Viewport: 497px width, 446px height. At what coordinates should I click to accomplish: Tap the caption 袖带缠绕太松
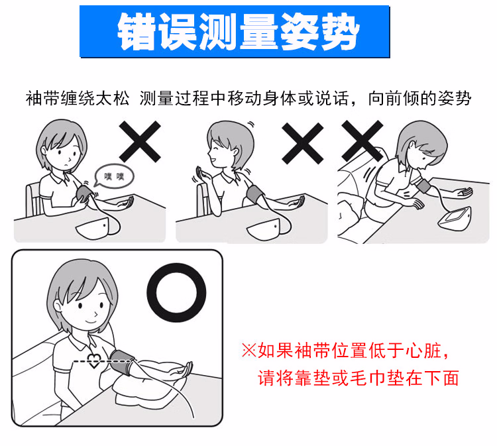79,99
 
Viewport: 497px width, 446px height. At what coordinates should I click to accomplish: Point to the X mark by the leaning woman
362,141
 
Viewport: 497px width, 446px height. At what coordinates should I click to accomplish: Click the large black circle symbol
177,292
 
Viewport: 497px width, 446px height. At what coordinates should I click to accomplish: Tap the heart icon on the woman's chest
94,362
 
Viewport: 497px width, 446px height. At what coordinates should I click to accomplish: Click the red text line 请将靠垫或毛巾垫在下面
358,378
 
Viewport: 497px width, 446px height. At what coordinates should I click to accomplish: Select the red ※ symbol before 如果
248,349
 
